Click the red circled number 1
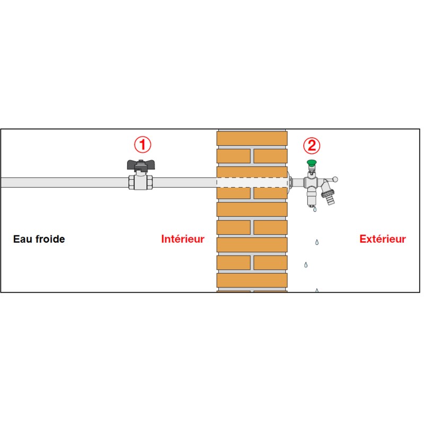click(143, 144)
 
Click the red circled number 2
click(312, 145)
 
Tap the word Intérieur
click(182, 239)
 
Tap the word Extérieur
click(383, 239)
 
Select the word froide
click(49, 239)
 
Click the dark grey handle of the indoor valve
click(141, 165)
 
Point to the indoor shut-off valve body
click(140, 182)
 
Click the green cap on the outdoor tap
click(312, 162)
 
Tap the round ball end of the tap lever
click(335, 179)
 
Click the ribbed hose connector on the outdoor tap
click(329, 197)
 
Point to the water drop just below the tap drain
click(315, 209)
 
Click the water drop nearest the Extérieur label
click(317, 242)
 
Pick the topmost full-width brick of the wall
click(252, 138)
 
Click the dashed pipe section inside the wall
click(252, 182)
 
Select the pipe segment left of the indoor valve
click(64, 182)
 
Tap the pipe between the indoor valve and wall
click(184, 182)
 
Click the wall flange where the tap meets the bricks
click(289, 182)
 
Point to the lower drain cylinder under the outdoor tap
click(311, 197)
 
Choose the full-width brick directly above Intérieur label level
click(252, 209)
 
